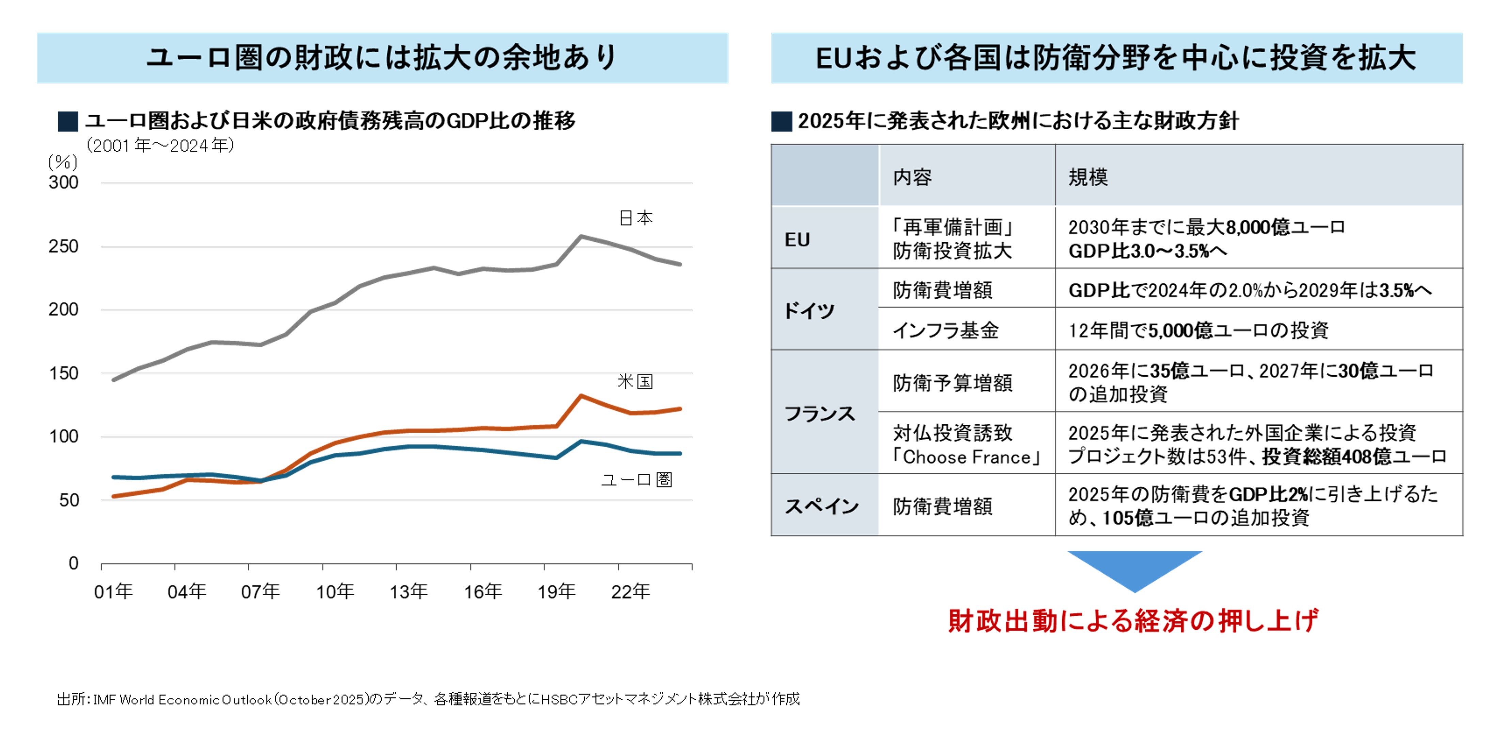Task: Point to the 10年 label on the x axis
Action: tap(335, 592)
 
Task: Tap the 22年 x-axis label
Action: tap(630, 592)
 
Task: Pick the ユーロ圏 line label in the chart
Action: tap(637, 480)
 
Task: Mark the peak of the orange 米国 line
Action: tap(581, 396)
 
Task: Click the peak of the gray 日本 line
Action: tap(581, 236)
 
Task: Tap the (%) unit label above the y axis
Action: tap(63, 162)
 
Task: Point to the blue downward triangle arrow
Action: tap(1134, 568)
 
